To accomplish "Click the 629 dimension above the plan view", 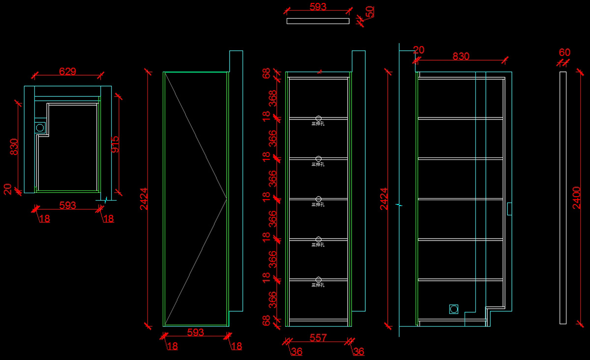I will [x=67, y=71].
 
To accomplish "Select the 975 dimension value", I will [x=115, y=145].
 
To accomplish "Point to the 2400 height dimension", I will [x=577, y=198].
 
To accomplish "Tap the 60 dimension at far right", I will [x=564, y=53].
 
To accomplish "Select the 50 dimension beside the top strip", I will [x=369, y=12].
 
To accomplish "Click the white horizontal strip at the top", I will [x=318, y=21].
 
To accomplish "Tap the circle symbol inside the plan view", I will [x=40, y=127].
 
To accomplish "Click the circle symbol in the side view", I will [x=453, y=309].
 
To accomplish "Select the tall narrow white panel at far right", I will [x=563, y=198].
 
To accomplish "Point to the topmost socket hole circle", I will [x=319, y=118].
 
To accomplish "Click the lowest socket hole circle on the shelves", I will [x=319, y=279].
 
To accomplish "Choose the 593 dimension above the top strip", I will [x=318, y=7].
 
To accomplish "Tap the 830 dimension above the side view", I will [x=461, y=57].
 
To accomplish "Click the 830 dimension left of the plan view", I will [x=14, y=147].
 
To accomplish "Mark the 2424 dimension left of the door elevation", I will [x=144, y=199].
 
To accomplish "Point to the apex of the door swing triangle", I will [x=227, y=199].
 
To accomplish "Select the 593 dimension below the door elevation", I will [x=196, y=332].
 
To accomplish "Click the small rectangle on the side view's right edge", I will [x=509, y=209].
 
